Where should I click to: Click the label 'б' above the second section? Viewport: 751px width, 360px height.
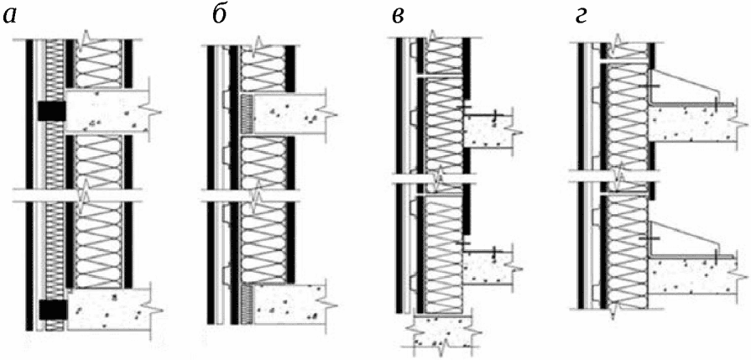220,16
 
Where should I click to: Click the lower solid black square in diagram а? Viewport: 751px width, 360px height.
52,310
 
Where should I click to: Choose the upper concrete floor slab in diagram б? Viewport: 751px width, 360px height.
289,112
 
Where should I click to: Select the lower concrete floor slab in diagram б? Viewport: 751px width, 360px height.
289,303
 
